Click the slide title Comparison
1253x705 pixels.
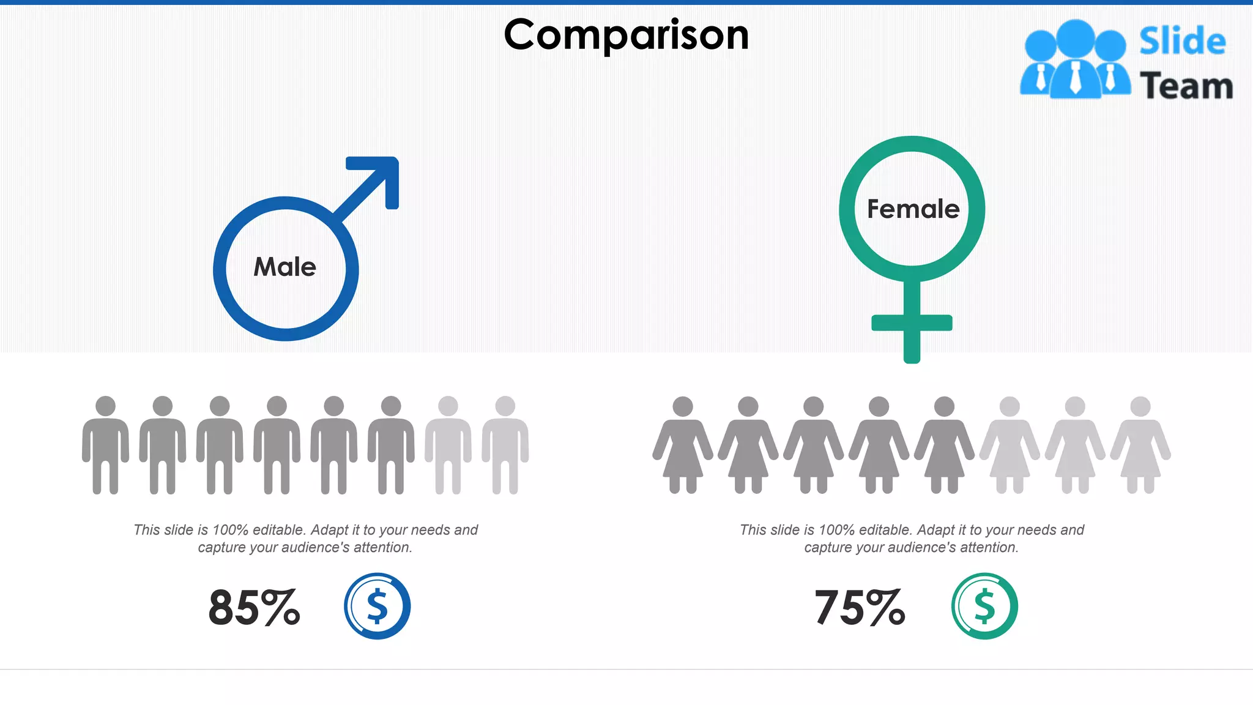[x=626, y=35]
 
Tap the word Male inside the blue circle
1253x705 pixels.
[x=285, y=267]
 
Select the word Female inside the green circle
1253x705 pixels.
[x=913, y=209]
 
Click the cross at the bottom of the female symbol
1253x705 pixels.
[x=912, y=323]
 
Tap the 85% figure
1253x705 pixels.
[x=254, y=608]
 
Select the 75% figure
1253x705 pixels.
[x=860, y=608]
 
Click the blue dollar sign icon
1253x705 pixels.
[x=377, y=606]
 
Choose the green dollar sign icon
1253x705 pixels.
[x=984, y=606]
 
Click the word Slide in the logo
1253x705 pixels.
[x=1182, y=42]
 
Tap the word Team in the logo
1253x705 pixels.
[x=1186, y=86]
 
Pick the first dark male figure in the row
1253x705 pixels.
[x=106, y=445]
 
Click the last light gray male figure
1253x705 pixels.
[x=505, y=445]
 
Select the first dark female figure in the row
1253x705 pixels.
[x=683, y=445]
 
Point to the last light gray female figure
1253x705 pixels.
[x=1140, y=445]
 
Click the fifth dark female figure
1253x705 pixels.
[x=944, y=445]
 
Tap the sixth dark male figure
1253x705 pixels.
[x=391, y=445]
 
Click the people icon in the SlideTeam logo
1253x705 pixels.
[x=1075, y=60]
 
